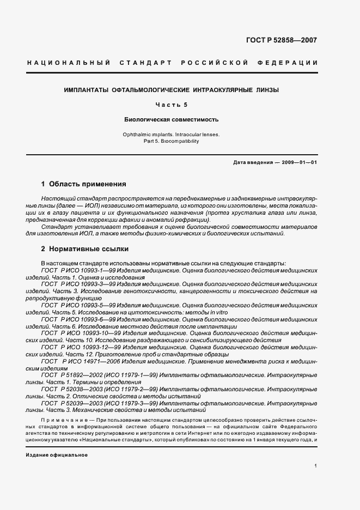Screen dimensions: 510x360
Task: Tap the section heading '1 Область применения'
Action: [84, 184]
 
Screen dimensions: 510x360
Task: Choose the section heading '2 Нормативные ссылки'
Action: [85, 249]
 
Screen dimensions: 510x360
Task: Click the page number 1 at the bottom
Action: [316, 466]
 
